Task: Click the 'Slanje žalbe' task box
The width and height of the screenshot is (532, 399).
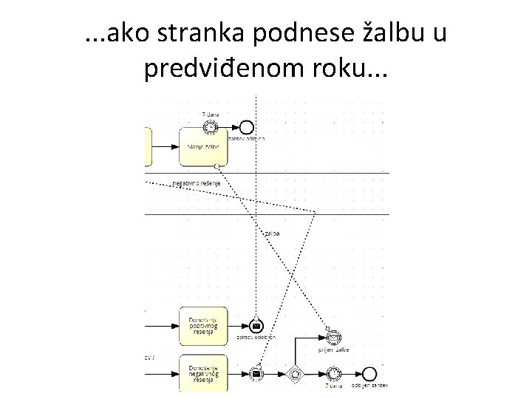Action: [x=203, y=146]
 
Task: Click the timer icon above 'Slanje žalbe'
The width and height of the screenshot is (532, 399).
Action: [x=213, y=126]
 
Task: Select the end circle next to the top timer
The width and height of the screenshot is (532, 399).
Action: [x=247, y=126]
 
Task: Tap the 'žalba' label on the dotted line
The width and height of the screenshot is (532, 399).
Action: [x=271, y=233]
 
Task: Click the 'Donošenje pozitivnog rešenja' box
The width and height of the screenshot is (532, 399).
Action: [x=203, y=324]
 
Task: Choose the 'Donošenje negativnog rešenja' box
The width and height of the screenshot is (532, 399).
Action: [x=203, y=373]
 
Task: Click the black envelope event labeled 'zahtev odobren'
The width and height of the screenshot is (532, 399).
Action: [x=256, y=325]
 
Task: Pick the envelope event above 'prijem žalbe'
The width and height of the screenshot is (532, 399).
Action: [x=334, y=338]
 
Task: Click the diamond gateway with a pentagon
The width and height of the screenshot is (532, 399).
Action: [x=296, y=373]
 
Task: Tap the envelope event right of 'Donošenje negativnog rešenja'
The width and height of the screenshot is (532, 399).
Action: [x=256, y=373]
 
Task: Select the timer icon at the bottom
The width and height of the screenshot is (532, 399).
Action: [x=334, y=373]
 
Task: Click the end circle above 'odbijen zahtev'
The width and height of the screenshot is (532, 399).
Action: [x=369, y=373]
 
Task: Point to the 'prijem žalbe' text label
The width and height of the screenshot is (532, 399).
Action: [x=334, y=349]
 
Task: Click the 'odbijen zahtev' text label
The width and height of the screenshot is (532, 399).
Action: [x=369, y=386]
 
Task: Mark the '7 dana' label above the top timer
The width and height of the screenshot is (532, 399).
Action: [x=211, y=115]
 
